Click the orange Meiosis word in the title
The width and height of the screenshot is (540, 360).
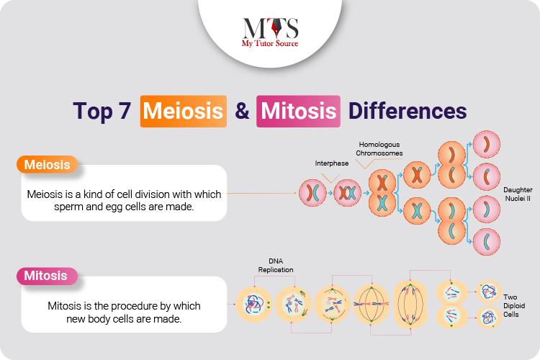[184, 112]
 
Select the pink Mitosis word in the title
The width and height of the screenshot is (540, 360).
[299, 112]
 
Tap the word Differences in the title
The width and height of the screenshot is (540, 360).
[408, 112]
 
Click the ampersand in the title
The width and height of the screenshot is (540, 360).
[242, 112]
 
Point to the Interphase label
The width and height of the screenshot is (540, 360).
[331, 163]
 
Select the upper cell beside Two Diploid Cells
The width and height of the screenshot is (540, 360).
[490, 292]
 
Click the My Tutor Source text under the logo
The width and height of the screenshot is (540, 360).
[269, 44]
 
